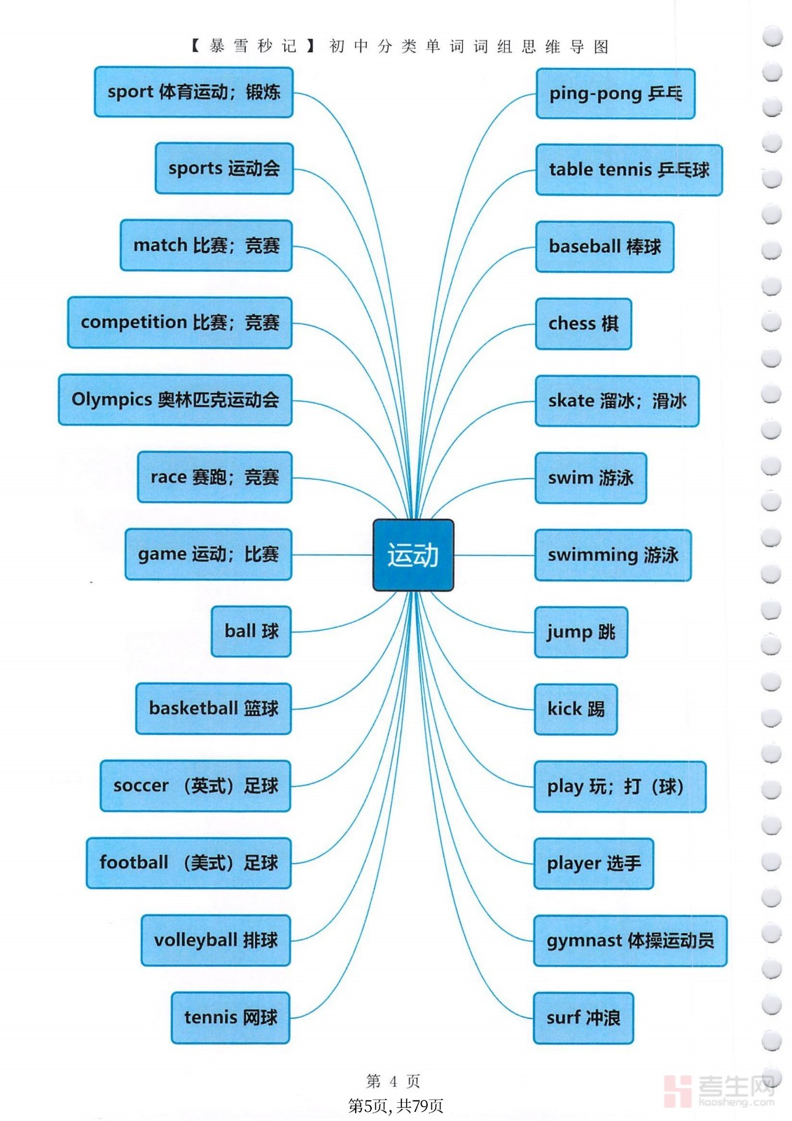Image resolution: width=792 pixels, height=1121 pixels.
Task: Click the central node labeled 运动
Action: (x=412, y=555)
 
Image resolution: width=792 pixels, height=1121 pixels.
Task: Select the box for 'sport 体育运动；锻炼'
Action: (x=193, y=92)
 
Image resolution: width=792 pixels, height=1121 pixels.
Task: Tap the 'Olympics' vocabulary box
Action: (x=175, y=400)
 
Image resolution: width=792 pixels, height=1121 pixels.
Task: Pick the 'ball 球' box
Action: (x=251, y=631)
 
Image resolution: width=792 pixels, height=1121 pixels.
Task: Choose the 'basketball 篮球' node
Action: (x=214, y=708)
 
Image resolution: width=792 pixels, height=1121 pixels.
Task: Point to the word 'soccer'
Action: (x=141, y=785)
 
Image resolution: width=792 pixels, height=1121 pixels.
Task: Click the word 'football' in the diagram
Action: (x=134, y=862)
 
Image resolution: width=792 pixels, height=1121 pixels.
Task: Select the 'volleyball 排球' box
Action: (x=216, y=940)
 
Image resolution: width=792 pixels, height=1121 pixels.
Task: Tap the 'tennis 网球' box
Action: (x=230, y=1017)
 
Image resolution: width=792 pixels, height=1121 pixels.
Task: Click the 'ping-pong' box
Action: (x=616, y=94)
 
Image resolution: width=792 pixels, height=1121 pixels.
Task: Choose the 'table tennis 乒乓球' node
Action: (x=629, y=170)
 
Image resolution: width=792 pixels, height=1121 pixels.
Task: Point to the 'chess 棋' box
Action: (x=583, y=324)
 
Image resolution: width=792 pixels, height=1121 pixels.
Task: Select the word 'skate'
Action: (x=571, y=401)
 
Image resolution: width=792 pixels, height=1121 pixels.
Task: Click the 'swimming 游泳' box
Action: (x=613, y=555)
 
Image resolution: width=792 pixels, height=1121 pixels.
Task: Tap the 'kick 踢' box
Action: (x=576, y=709)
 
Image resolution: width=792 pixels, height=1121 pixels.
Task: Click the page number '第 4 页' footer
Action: (x=393, y=1082)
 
